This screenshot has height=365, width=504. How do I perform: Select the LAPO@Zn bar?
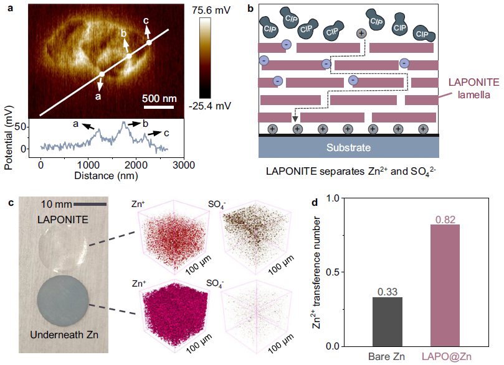pos(450,285)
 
